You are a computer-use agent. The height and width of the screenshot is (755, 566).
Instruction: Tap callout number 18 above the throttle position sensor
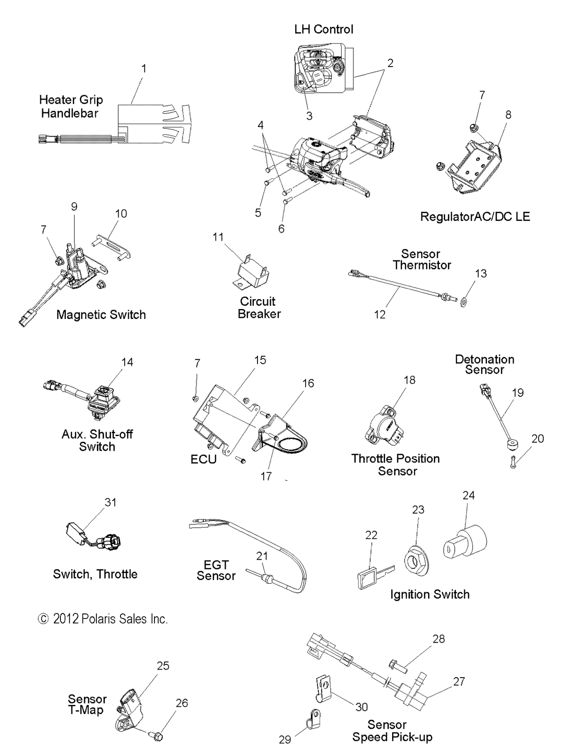point(409,380)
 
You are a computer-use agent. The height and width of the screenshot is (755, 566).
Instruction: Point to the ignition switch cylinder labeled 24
point(464,546)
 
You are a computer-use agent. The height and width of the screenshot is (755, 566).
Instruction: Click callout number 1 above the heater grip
point(144,69)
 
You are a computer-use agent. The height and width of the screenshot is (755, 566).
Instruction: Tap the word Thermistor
point(422,265)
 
